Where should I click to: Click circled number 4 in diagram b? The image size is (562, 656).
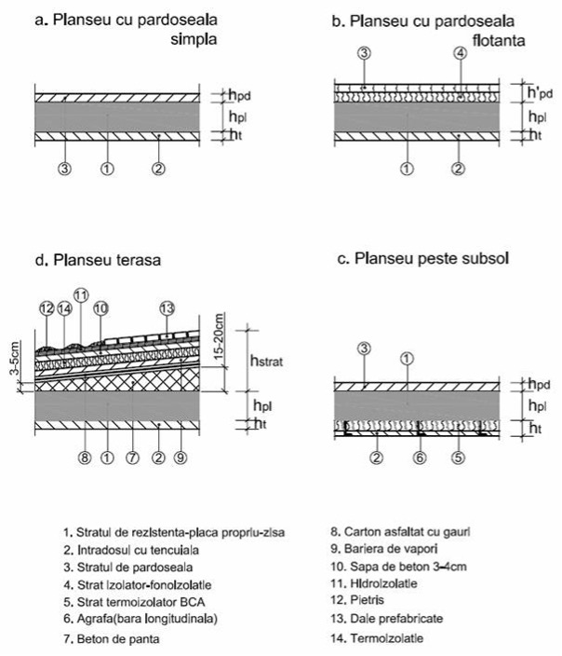460,54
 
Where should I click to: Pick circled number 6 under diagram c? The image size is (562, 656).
419,457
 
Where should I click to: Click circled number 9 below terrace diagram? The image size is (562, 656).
181,458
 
